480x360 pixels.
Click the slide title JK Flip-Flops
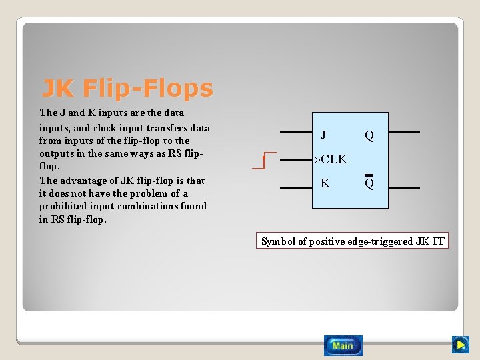coord(127,88)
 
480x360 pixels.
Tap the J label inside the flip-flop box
coord(323,135)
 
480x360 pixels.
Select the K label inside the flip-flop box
coord(325,183)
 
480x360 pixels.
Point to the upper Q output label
coord(369,136)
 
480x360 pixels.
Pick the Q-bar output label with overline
coord(369,183)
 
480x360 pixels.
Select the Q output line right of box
coord(404,132)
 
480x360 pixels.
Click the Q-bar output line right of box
coord(404,187)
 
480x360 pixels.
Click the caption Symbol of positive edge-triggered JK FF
coord(353,241)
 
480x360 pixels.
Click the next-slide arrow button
coord(460,345)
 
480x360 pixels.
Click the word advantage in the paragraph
coord(85,181)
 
